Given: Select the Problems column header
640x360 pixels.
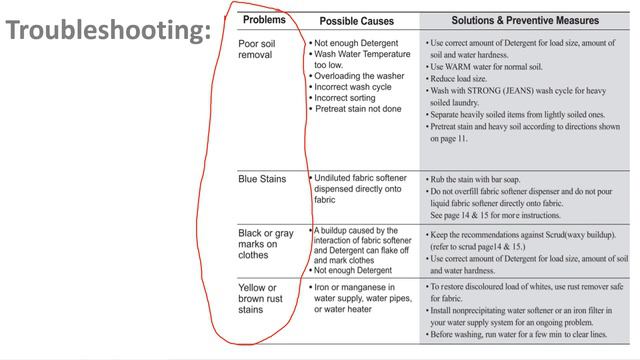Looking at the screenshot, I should click(x=264, y=19).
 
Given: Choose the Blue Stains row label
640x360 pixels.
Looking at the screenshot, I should click(x=263, y=180).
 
